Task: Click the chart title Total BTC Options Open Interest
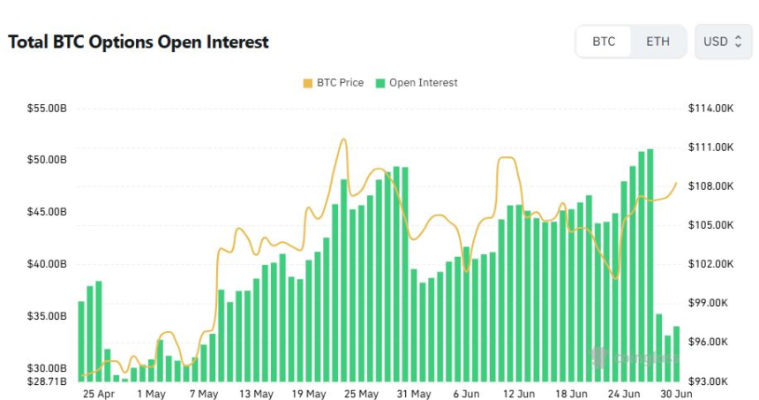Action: tap(139, 42)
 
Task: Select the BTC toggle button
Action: tap(604, 42)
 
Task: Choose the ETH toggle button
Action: tap(658, 42)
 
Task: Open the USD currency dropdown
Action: tap(723, 42)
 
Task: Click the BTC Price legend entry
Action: tap(333, 83)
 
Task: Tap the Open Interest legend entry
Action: tap(417, 83)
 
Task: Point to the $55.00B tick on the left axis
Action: tap(47, 109)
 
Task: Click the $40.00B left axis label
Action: tap(47, 264)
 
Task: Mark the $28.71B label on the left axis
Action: tap(47, 381)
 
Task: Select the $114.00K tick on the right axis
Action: tap(710, 109)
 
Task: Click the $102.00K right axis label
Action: tap(710, 264)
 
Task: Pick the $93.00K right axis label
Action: tap(710, 381)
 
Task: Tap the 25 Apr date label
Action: tap(98, 394)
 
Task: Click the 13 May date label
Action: tap(257, 394)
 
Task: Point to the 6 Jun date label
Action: tap(467, 394)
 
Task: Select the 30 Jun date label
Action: tap(677, 394)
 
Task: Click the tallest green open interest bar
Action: tap(650, 265)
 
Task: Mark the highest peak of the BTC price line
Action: tap(343, 139)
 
